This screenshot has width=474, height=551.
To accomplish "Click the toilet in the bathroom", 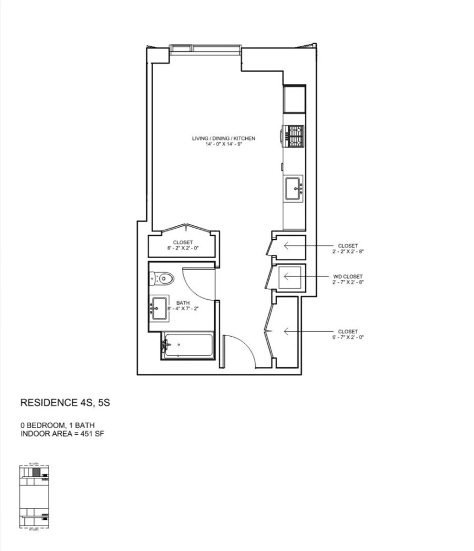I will pyautogui.click(x=163, y=279).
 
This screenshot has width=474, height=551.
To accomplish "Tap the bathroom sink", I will pyautogui.click(x=160, y=305).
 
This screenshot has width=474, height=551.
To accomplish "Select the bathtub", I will pyautogui.click(x=187, y=346).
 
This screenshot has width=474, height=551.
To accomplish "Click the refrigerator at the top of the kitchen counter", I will pyautogui.click(x=294, y=99).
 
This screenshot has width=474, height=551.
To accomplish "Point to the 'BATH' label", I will pyautogui.click(x=182, y=303).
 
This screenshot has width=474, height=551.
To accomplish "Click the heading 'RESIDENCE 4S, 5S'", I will pyautogui.click(x=65, y=403).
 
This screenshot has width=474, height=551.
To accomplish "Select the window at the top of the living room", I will pyautogui.click(x=205, y=49).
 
